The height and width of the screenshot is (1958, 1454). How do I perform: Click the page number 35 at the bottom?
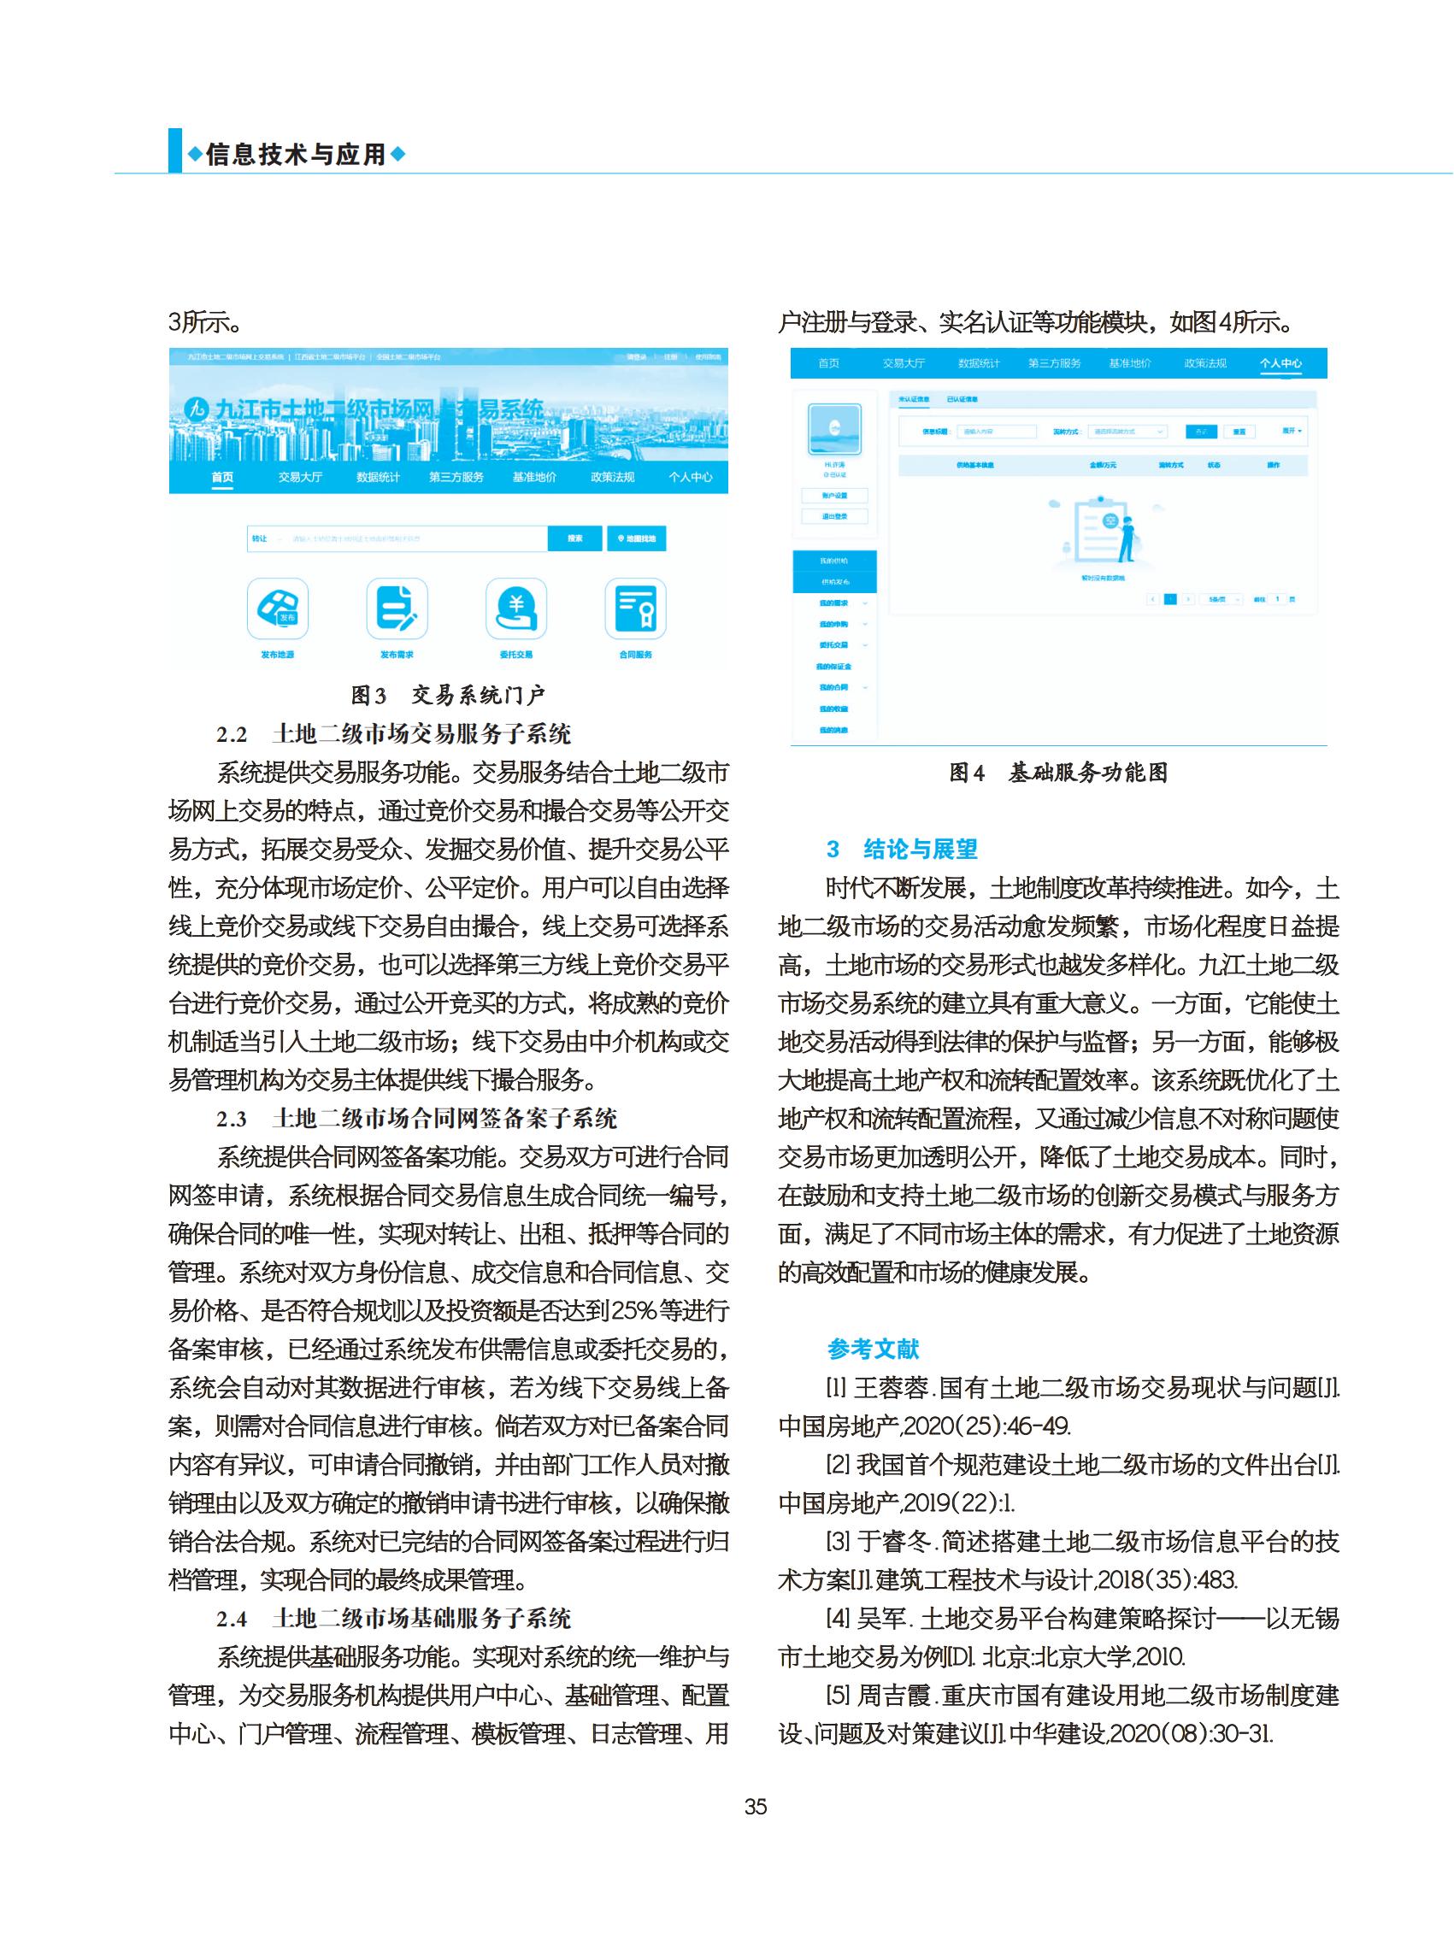[755, 1807]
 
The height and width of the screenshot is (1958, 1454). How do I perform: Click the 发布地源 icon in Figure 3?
[277, 608]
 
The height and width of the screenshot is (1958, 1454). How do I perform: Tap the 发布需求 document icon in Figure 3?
[397, 608]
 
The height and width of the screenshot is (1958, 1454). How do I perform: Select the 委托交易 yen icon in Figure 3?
[515, 608]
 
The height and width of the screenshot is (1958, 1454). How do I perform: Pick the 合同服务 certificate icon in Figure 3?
[635, 608]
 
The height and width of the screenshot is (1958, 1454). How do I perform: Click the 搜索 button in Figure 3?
[574, 538]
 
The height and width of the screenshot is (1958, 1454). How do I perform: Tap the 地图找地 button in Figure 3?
[636, 538]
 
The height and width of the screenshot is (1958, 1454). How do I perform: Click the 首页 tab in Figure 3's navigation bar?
[223, 477]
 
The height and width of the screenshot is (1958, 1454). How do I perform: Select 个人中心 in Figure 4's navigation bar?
[1280, 363]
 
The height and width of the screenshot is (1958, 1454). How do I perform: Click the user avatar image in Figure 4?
[834, 428]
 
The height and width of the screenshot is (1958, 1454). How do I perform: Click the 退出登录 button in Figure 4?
[834, 516]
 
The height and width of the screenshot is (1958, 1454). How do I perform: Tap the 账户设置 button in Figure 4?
[834, 496]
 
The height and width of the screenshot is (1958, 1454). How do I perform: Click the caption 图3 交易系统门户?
[448, 695]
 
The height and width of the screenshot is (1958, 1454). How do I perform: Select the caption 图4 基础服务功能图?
[1058, 773]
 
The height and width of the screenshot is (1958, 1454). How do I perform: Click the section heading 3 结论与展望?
[902, 850]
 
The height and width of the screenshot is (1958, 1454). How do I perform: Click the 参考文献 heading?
[873, 1349]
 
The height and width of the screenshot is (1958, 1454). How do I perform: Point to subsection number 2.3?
[232, 1120]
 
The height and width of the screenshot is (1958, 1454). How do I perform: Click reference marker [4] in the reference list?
[837, 1619]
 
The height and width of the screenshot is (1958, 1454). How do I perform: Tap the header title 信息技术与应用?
[297, 155]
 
